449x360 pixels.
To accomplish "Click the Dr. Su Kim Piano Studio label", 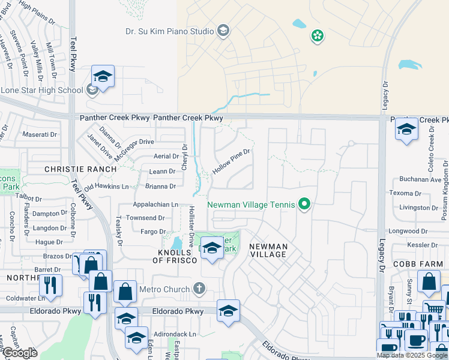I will (x=170, y=31).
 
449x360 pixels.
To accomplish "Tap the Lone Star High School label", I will (x=42, y=91).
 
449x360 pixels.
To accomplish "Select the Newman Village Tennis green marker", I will (x=304, y=205).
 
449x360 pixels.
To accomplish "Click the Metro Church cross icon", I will (x=200, y=289).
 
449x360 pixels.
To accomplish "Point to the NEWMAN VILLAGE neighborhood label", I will (x=268, y=251).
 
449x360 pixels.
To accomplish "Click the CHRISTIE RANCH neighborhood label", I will (x=80, y=169).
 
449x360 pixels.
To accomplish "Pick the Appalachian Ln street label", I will (x=155, y=205).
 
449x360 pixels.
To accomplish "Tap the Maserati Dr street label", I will (x=39, y=134).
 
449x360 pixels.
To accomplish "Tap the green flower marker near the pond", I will (x=317, y=37).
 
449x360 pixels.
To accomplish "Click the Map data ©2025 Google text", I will (x=412, y=355).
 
